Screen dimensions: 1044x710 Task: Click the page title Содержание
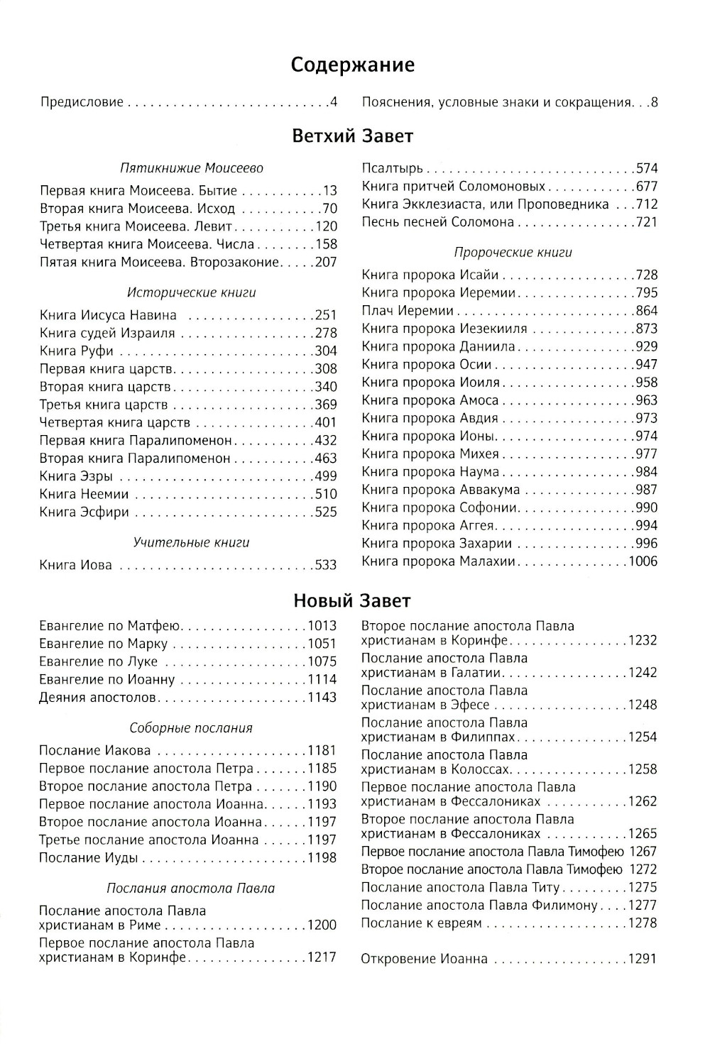(353, 65)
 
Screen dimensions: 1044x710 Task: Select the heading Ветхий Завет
(353, 136)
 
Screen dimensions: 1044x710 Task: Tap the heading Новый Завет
(352, 601)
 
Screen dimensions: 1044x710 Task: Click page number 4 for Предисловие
(332, 102)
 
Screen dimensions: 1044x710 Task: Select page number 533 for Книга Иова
(325, 566)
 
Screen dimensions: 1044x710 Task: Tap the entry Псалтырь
(392, 168)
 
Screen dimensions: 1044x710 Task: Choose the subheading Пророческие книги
(513, 252)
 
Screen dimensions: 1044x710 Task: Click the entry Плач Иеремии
(408, 311)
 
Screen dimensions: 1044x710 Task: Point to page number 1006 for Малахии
(641, 561)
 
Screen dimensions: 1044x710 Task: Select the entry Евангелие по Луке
(99, 661)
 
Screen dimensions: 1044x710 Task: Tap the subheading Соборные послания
(191, 728)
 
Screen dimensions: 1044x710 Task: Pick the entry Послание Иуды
(89, 858)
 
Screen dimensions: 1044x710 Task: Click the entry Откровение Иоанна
(425, 960)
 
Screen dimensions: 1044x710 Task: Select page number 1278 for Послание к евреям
(643, 923)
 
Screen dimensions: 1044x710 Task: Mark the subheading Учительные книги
(191, 543)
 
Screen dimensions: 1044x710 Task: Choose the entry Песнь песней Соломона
(437, 222)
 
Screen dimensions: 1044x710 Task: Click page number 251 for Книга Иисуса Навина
(325, 315)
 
